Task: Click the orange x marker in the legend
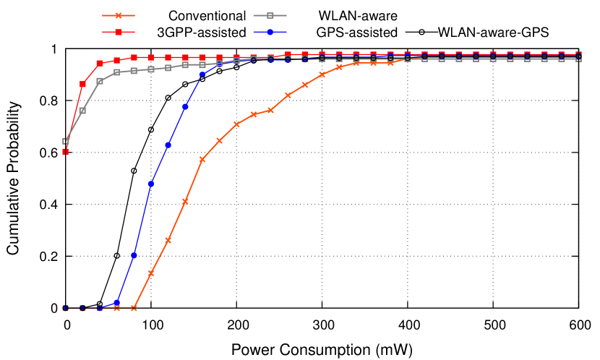pos(119,15)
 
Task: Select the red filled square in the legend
pos(119,32)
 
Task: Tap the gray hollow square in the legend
pos(270,15)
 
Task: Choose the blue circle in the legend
pos(270,32)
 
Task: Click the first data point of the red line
pos(65,152)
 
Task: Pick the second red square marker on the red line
pos(82,84)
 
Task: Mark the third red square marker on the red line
pos(100,63)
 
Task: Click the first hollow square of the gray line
pos(65,141)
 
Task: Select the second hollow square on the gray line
pos(82,111)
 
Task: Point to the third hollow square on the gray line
pos(100,81)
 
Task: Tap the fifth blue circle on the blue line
pos(134,255)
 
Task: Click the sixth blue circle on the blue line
pos(151,184)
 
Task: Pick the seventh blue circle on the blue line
pos(168,145)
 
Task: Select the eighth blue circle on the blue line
pos(185,106)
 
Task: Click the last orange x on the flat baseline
pos(134,308)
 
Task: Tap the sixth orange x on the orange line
pos(151,273)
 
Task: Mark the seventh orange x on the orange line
pos(168,240)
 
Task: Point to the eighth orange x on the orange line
pos(185,201)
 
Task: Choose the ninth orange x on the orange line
pos(202,159)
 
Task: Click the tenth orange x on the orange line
pos(219,141)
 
